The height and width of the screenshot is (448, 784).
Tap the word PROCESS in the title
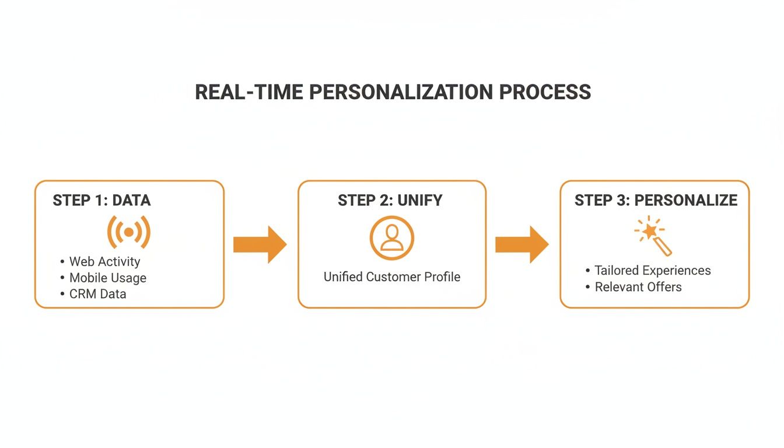[x=545, y=92]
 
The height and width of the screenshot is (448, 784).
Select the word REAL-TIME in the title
[x=249, y=92]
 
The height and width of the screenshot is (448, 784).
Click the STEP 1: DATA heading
[x=101, y=200]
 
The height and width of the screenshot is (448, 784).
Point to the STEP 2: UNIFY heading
[x=390, y=200]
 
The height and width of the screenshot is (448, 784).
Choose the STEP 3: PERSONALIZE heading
[x=656, y=200]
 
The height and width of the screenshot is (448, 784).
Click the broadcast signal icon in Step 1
[x=129, y=232]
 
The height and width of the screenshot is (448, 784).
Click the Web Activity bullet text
[x=104, y=261]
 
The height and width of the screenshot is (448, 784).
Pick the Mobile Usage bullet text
[x=108, y=278]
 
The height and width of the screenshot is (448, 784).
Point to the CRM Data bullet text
[x=97, y=294]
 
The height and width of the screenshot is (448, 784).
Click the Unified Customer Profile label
[x=392, y=277]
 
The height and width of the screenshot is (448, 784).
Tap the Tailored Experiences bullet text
[x=653, y=271]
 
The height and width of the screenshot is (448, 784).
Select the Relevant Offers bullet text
[x=638, y=287]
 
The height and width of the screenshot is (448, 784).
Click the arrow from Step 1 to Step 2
[x=260, y=244]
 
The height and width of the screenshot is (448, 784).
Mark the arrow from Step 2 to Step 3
[x=522, y=244]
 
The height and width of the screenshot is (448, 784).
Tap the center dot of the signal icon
[x=129, y=232]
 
